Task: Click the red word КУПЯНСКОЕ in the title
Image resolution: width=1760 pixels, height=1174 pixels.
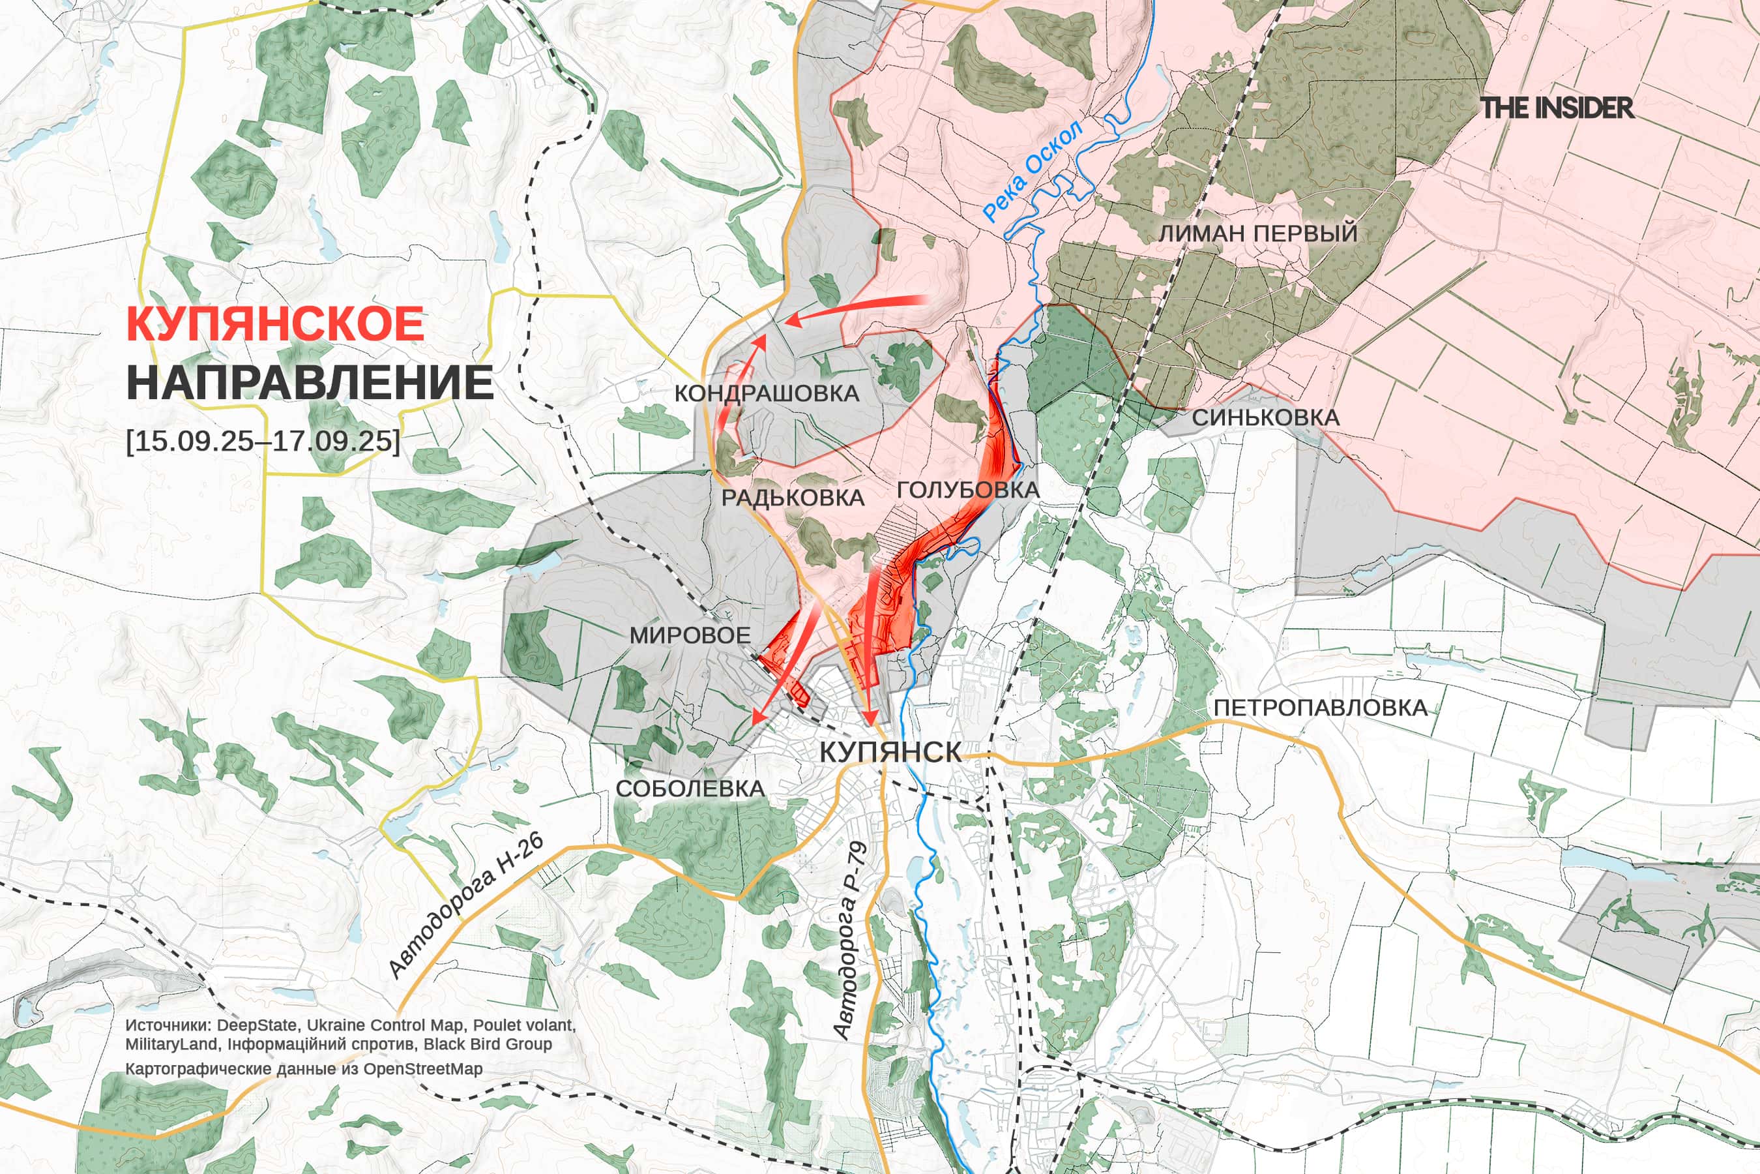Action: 275,324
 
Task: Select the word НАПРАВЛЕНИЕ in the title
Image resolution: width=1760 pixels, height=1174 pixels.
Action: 310,383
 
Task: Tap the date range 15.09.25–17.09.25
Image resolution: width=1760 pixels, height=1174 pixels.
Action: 263,440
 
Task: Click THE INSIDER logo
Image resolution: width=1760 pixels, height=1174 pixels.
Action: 1557,108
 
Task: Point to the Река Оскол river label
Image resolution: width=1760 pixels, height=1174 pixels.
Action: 1033,172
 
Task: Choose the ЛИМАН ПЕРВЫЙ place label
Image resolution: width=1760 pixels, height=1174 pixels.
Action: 1258,233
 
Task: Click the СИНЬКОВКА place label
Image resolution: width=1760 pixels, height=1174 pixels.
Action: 1265,417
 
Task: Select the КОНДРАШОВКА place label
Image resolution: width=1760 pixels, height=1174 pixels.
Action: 767,394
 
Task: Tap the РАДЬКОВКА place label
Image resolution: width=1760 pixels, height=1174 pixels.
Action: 793,498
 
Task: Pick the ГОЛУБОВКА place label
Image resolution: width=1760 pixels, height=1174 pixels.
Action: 967,490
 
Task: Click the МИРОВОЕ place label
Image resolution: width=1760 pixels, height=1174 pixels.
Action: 689,636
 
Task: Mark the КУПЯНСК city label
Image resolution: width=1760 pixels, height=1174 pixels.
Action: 890,753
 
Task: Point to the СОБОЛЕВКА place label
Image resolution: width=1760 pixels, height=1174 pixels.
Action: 690,789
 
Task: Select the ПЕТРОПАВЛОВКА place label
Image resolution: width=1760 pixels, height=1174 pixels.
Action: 1320,708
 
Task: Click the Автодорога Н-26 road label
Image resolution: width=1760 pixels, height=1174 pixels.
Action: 466,907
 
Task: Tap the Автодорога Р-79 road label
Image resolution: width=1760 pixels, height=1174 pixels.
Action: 850,941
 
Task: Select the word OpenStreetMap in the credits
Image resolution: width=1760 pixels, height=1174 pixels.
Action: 423,1068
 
